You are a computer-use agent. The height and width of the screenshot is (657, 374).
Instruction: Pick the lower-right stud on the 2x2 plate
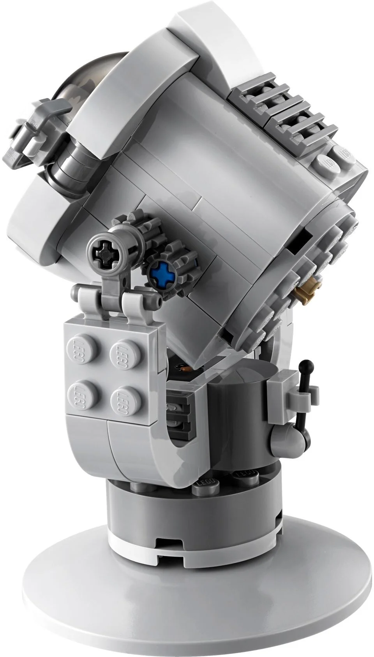[121, 397]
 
